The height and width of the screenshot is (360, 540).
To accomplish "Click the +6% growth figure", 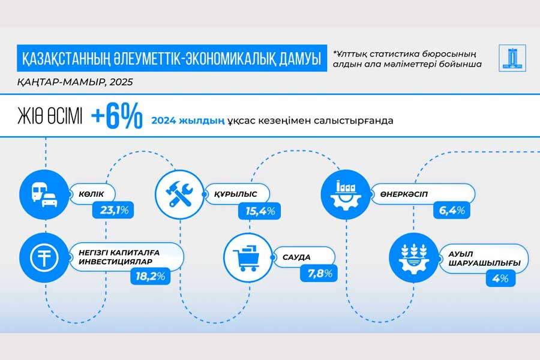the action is coord(117,116).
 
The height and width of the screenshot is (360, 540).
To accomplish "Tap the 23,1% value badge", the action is coord(113,210).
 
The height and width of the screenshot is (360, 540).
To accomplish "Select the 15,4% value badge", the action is coord(260,211).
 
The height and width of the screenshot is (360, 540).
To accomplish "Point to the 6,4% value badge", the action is coord(451,210).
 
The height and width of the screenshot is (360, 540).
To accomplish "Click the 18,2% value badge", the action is coord(151,276).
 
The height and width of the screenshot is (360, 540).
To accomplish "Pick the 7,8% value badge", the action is coord(319,274).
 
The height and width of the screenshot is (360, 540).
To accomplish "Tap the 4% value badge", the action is coord(500,278).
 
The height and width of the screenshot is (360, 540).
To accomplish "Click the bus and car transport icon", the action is coord(44,194).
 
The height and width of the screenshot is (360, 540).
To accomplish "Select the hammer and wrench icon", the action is coord(180,194).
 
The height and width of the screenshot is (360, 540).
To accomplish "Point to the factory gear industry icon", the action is coord(346,194).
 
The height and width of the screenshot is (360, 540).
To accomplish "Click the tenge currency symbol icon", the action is coord(44,257).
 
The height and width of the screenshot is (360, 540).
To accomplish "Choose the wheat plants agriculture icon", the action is coord(413,257).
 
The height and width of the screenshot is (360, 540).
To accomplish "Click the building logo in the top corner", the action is coord(512,58).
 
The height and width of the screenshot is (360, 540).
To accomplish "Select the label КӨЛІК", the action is coord(91,194).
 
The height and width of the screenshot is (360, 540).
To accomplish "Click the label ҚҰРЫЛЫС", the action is coord(236,194).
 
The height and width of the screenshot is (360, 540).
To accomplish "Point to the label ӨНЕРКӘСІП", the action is coord(404,194).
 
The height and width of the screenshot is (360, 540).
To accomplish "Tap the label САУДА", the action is coord(296,257).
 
